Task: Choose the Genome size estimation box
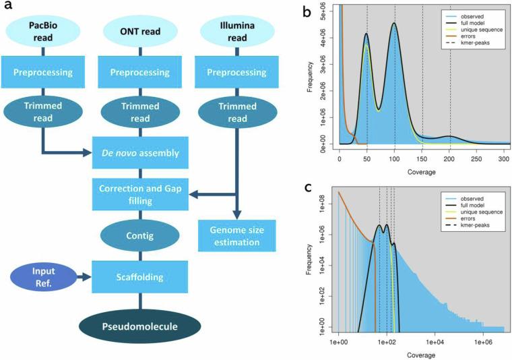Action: click(x=228, y=237)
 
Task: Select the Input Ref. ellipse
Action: click(x=40, y=276)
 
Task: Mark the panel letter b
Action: click(x=307, y=12)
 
